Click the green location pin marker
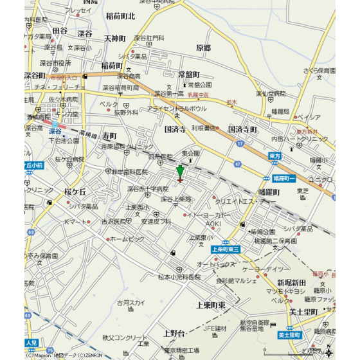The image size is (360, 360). (x=180, y=172)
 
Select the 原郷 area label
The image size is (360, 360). (x=203, y=48)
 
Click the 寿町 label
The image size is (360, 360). (x=109, y=136)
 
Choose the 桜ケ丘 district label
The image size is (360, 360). (x=75, y=192)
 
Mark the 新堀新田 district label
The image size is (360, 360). (x=291, y=283)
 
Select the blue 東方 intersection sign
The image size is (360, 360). (x=275, y=156)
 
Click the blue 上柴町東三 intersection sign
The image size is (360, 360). (x=225, y=249)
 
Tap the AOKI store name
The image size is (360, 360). (x=213, y=223)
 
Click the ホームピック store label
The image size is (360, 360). (x=127, y=239)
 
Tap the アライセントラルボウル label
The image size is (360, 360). (x=177, y=109)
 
